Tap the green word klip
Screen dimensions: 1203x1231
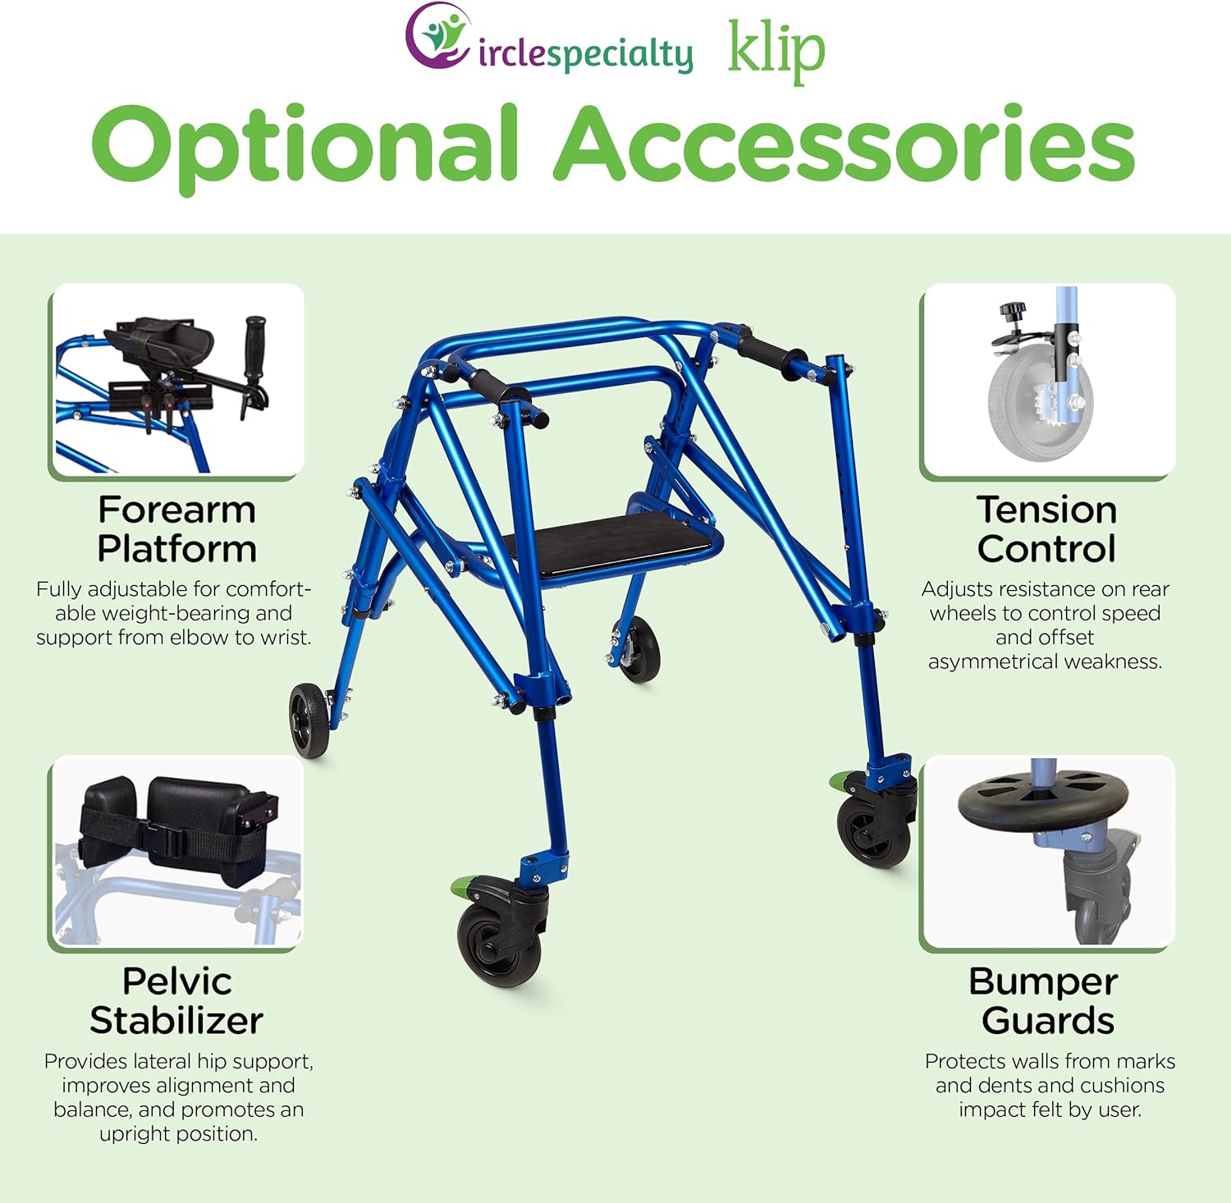(x=776, y=51)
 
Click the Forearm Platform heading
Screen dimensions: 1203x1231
(x=176, y=529)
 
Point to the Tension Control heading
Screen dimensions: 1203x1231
(x=1046, y=529)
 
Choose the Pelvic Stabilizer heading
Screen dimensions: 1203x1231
(x=176, y=1000)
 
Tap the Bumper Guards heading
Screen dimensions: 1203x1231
(x=1046, y=1000)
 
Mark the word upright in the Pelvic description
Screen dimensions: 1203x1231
(x=133, y=1133)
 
